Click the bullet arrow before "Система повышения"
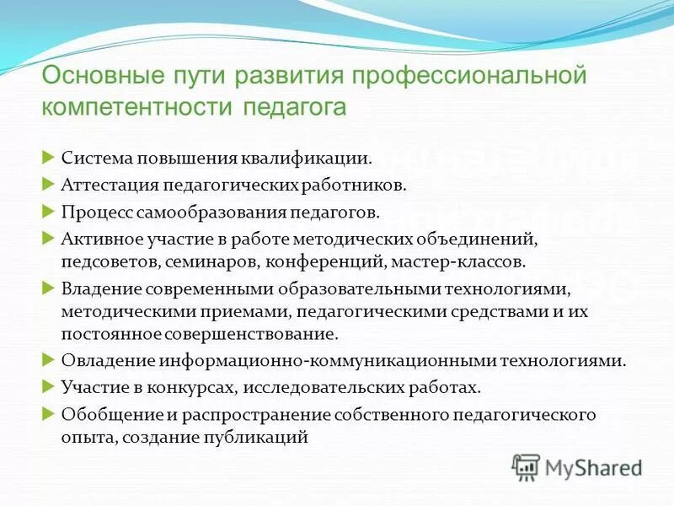[48, 158]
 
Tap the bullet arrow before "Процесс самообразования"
[48, 211]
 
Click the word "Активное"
[96, 239]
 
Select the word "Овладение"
[100, 361]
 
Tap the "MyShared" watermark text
[593, 466]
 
